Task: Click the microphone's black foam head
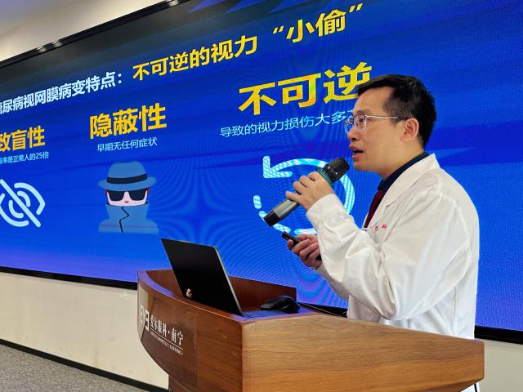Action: (x=334, y=169)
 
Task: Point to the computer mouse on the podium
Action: (x=280, y=304)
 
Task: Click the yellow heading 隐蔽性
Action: (x=128, y=121)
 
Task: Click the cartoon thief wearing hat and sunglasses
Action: (x=127, y=196)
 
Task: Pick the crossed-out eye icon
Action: (x=20, y=202)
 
